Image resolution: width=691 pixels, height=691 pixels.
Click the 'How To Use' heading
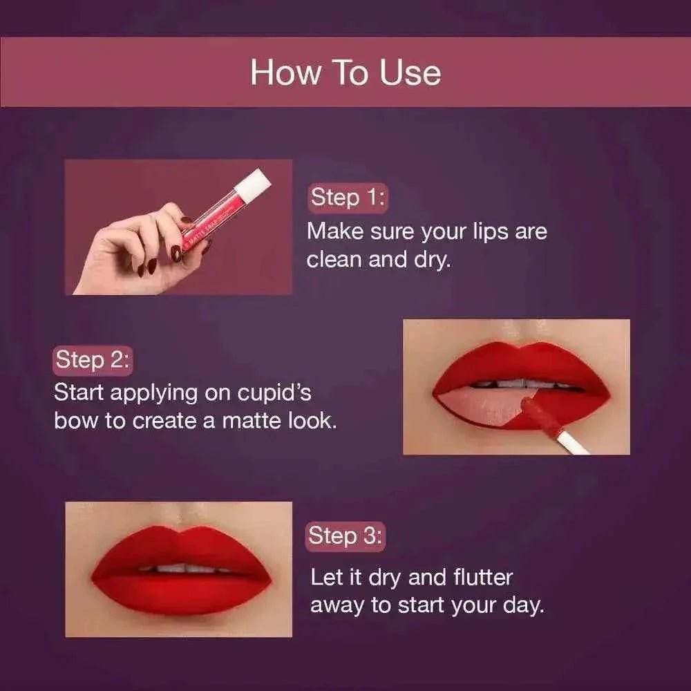click(x=345, y=73)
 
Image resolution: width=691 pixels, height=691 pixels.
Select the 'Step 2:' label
click(x=92, y=360)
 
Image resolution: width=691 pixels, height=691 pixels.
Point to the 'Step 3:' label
click(x=345, y=536)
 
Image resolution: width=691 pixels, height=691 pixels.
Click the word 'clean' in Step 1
click(x=336, y=261)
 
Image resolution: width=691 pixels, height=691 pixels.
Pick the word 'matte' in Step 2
click(x=249, y=421)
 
